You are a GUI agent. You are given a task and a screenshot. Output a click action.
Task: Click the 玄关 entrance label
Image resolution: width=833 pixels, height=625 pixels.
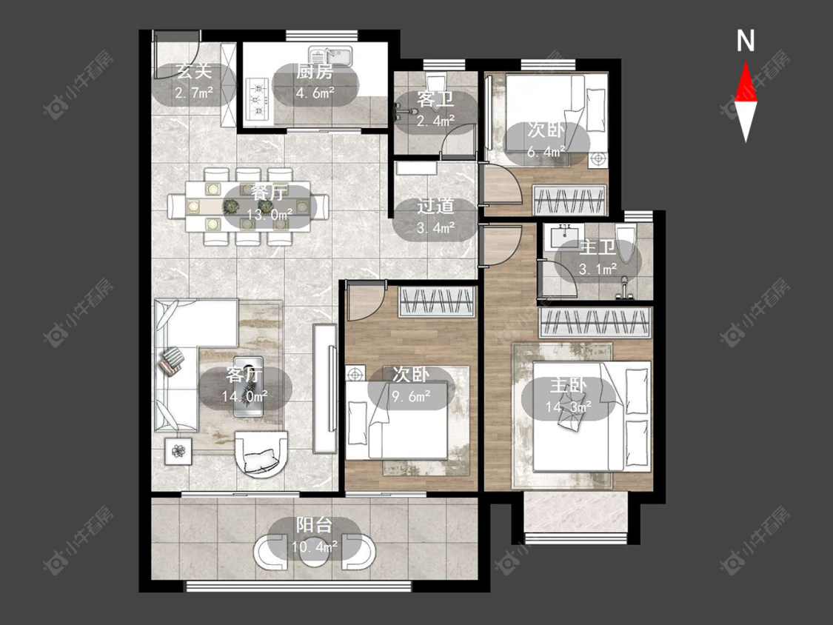click(193, 70)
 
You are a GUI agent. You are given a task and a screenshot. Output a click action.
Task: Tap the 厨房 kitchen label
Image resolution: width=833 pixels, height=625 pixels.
click(315, 71)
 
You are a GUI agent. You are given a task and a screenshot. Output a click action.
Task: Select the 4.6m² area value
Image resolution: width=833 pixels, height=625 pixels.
click(315, 93)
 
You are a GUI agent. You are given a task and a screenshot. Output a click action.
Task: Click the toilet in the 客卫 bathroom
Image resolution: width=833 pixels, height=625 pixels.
click(435, 83)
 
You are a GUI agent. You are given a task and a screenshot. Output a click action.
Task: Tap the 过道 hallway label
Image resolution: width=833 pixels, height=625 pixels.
click(435, 206)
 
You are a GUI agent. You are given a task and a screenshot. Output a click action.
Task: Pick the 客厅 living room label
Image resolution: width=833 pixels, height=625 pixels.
click(244, 374)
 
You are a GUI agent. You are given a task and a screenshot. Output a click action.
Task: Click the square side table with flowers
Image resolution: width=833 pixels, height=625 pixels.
click(178, 451)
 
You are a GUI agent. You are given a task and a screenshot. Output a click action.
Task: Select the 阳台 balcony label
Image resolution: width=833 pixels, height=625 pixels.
click(314, 525)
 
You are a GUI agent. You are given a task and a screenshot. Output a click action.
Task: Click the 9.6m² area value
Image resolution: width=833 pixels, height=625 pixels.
click(411, 396)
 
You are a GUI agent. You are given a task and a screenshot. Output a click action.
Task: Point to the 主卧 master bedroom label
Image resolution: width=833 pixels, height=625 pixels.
click(569, 385)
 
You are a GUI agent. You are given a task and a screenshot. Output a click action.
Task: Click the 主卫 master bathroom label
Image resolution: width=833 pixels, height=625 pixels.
click(598, 247)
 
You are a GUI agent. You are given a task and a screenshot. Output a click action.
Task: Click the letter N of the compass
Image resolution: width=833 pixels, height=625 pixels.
click(746, 41)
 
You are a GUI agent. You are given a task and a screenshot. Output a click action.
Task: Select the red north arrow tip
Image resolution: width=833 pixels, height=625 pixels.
click(746, 61)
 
